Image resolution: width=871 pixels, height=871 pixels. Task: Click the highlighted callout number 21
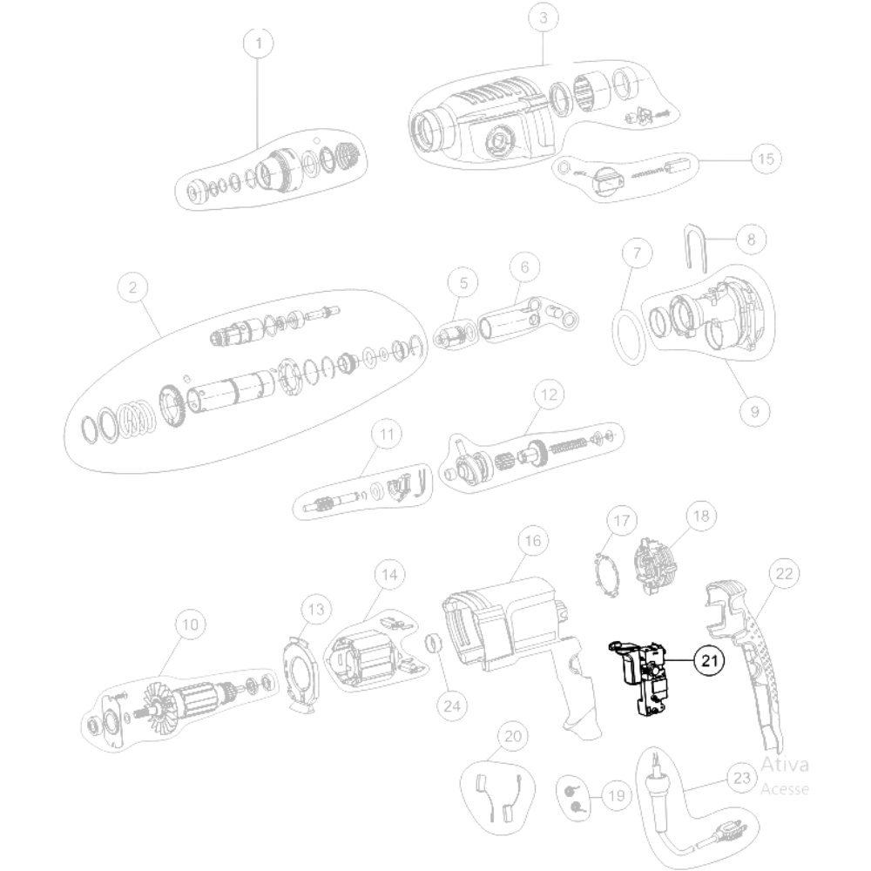pyautogui.click(x=709, y=660)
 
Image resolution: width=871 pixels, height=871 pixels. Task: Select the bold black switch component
pyautogui.click(x=638, y=679)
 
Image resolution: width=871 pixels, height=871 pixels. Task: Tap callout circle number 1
pyautogui.click(x=259, y=43)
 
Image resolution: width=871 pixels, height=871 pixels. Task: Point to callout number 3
pyautogui.click(x=544, y=17)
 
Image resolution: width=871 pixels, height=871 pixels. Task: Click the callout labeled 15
pyautogui.click(x=766, y=159)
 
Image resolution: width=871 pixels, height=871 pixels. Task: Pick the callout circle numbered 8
pyautogui.click(x=751, y=240)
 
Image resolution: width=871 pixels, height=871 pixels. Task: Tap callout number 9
pyautogui.click(x=754, y=412)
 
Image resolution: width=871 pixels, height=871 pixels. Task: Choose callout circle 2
pyautogui.click(x=132, y=287)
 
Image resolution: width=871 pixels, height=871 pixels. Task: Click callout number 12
pyautogui.click(x=549, y=395)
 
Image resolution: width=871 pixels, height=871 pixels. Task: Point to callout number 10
pyautogui.click(x=190, y=625)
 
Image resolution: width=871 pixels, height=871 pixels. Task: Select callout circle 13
pyautogui.click(x=316, y=610)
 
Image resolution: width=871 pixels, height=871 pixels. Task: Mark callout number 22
pyautogui.click(x=784, y=573)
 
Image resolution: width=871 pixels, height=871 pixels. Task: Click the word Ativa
pyautogui.click(x=785, y=765)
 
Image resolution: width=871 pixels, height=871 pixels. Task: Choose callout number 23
pyautogui.click(x=742, y=778)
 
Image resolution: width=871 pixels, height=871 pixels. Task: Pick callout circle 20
pyautogui.click(x=513, y=737)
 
